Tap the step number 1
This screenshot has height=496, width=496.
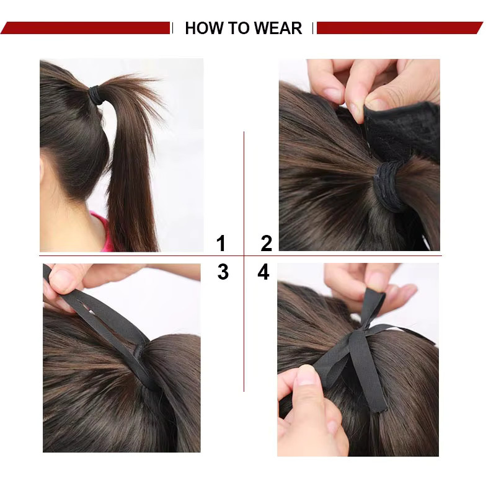(221, 243)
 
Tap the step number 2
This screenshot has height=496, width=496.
(267, 243)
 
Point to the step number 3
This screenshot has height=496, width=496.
(223, 272)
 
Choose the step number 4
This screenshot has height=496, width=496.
(263, 272)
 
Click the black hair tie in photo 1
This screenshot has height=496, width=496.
(97, 95)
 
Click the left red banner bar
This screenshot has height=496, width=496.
(86, 28)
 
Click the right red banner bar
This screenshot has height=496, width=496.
(400, 28)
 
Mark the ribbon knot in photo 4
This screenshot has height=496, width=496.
(357, 336)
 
